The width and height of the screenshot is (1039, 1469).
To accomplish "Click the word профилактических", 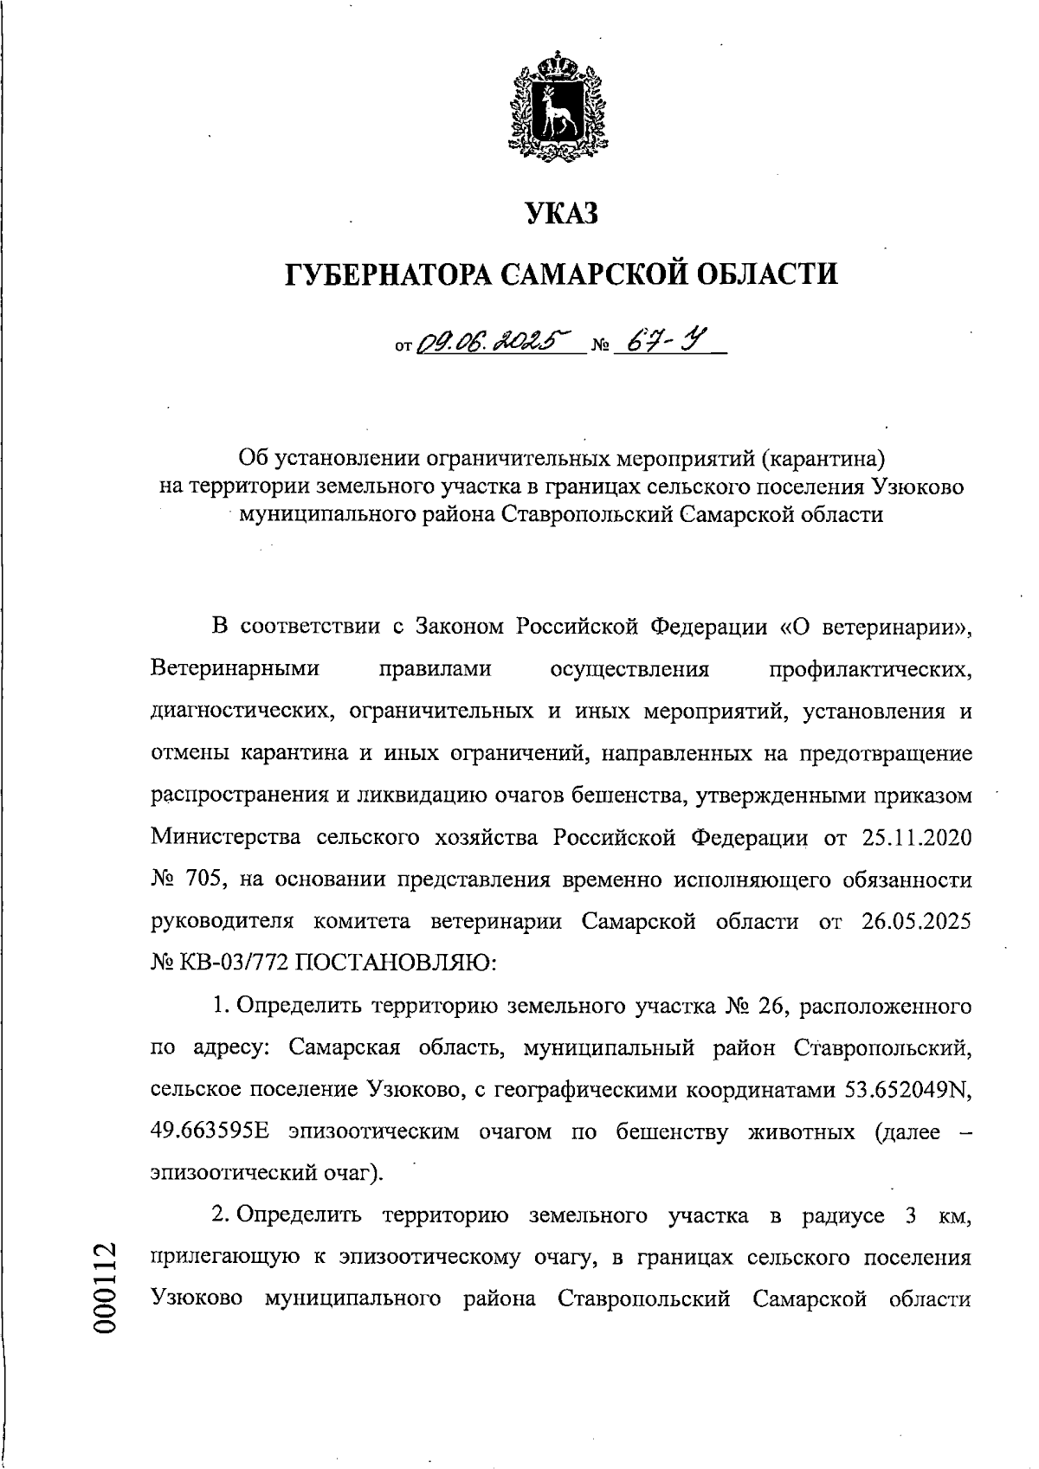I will (869, 669).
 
